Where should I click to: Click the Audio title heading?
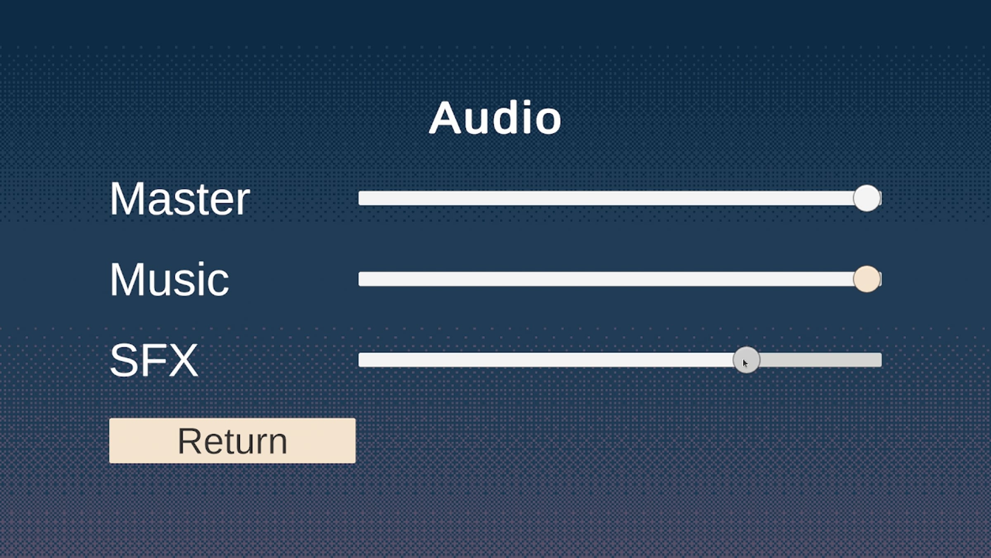tap(495, 118)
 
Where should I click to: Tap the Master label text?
tap(180, 199)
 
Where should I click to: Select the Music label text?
tap(169, 279)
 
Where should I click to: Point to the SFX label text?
tap(154, 360)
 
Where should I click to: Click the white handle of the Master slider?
tap(867, 198)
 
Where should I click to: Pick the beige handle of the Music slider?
tap(867, 279)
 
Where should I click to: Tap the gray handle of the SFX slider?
tap(746, 360)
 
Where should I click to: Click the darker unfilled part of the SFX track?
tap(820, 360)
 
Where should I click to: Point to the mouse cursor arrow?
tap(745, 363)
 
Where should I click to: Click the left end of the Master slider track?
tap(359, 198)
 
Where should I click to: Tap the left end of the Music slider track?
tap(359, 279)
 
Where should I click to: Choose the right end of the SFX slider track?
tap(881, 360)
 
